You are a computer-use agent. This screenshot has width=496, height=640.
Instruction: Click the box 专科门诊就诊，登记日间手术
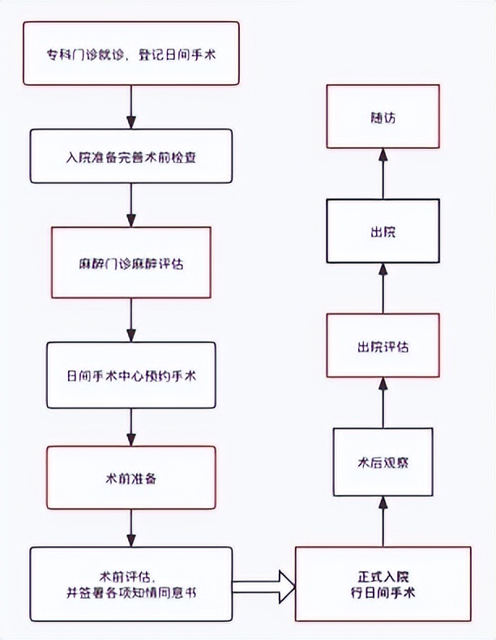131,53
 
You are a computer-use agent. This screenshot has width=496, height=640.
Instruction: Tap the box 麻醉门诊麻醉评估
131,262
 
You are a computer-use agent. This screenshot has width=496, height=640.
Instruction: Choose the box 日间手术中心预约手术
131,375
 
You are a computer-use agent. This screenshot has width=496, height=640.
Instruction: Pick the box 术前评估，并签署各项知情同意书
131,583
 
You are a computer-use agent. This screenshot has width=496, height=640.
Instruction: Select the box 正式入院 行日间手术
383,583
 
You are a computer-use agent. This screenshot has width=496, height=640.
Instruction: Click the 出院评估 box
383,347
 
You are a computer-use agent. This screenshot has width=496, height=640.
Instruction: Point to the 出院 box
383,232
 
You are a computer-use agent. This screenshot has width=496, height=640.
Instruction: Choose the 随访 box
383,117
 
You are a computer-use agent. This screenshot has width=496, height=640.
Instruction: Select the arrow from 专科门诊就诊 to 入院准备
131,105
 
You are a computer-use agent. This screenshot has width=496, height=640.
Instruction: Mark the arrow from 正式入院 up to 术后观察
383,522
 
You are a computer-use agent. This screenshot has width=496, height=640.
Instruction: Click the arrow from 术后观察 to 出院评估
383,403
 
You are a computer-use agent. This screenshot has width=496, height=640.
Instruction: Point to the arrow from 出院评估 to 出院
383,289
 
